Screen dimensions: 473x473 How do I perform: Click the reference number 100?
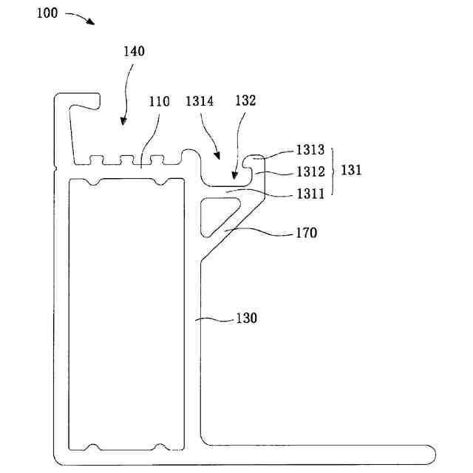(x=46, y=13)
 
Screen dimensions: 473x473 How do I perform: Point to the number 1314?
(x=200, y=102)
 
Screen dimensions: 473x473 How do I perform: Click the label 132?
(x=245, y=101)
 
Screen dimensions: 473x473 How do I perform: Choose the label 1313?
(x=310, y=150)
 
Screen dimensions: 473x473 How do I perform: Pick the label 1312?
(x=310, y=171)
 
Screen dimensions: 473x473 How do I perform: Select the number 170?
(x=305, y=234)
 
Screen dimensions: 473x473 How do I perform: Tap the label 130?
(x=246, y=319)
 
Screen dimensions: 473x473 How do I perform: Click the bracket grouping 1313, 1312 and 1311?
(x=333, y=171)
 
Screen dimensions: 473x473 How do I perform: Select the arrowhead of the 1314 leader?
(x=218, y=157)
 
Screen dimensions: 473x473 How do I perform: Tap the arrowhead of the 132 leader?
(x=233, y=177)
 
